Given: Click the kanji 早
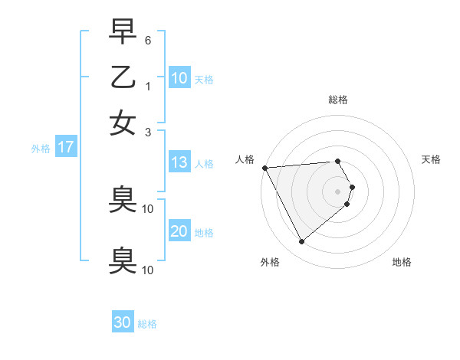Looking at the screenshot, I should click(123, 32).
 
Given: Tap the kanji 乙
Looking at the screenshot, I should click(123, 77).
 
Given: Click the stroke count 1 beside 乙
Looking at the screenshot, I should click(148, 85).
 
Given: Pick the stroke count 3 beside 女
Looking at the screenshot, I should click(148, 131).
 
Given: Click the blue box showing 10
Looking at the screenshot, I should click(179, 77).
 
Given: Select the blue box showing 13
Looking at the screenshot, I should click(179, 162).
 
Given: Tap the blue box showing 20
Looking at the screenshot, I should click(179, 231).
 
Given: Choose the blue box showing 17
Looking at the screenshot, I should click(66, 148).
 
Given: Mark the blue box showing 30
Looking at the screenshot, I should click(123, 322).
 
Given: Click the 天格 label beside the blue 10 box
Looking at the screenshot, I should click(204, 80).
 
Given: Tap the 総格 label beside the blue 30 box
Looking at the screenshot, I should click(147, 324).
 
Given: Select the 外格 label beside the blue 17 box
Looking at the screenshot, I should click(41, 149).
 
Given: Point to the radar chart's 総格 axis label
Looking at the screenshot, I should click(338, 100).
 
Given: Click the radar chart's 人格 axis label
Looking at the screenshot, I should click(245, 159).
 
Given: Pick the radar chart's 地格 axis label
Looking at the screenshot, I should click(402, 262).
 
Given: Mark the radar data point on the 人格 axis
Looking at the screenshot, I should click(264, 167).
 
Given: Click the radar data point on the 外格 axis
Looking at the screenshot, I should click(301, 241).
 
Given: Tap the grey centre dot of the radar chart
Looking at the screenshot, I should click(338, 191).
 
